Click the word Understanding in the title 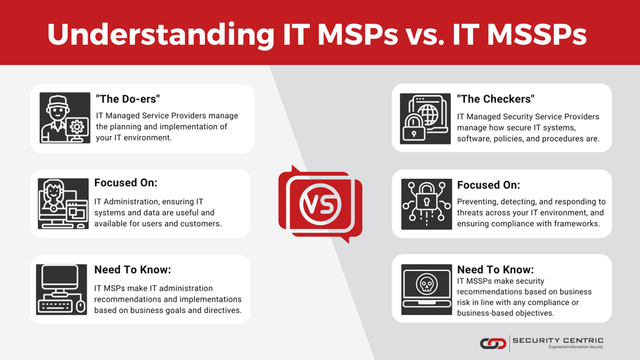(x=160, y=34)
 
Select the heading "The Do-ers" (x=128, y=99)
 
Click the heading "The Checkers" (x=495, y=99)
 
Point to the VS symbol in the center (x=320, y=204)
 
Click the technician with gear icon (x=65, y=118)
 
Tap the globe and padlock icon (x=425, y=119)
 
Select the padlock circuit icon (x=426, y=204)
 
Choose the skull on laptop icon (x=426, y=289)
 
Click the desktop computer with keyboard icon (x=62, y=289)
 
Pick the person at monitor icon (x=63, y=204)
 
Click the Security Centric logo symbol (x=493, y=343)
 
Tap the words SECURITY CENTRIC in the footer (x=558, y=340)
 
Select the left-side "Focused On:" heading (x=126, y=183)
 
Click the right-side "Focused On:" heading (x=489, y=185)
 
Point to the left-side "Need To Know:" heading (x=132, y=270)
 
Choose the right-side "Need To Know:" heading (x=495, y=270)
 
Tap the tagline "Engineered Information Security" (x=575, y=347)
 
